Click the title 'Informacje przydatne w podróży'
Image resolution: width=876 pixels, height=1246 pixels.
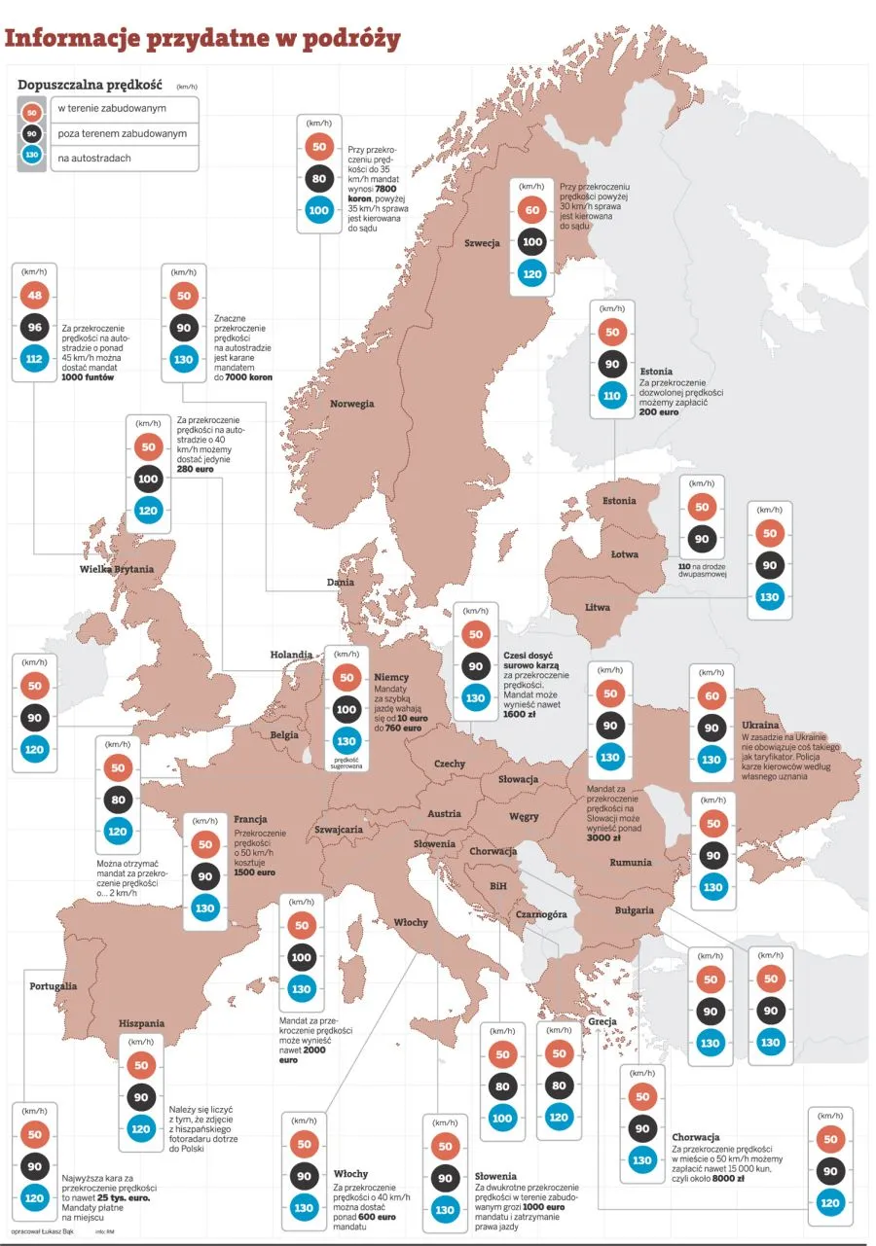(x=202, y=39)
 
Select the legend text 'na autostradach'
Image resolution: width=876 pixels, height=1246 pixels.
(x=94, y=158)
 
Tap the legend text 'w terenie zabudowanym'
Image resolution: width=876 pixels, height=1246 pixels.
(x=112, y=109)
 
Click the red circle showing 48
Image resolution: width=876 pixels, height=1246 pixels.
(x=34, y=296)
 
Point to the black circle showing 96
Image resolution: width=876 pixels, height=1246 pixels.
(x=34, y=329)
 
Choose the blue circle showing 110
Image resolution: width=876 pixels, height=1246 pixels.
(x=612, y=396)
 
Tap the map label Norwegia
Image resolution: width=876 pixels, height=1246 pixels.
(x=351, y=404)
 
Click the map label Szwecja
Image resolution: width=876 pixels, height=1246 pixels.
(x=482, y=242)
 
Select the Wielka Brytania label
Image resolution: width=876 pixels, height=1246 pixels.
(x=117, y=569)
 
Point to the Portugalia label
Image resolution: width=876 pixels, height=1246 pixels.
(x=54, y=985)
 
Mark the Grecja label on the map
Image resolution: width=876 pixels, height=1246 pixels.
(x=602, y=1021)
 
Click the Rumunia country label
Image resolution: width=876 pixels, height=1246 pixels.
(x=631, y=863)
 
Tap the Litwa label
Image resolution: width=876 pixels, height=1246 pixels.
(x=598, y=607)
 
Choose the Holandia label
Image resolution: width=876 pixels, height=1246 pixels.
(x=291, y=655)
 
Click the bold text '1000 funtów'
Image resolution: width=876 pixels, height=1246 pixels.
(x=88, y=376)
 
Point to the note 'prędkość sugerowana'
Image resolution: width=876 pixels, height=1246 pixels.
(x=347, y=763)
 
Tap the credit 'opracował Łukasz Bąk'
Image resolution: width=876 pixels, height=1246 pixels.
(x=45, y=1231)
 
